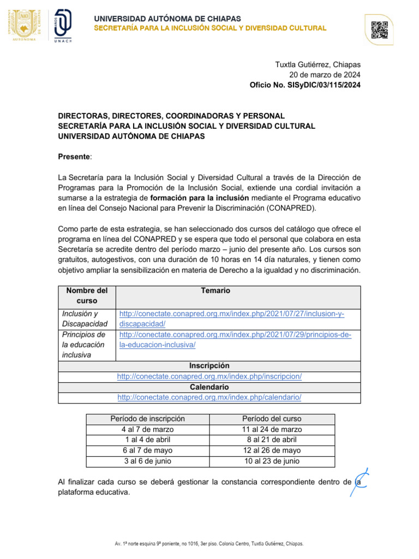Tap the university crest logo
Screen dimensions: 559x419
pyautogui.click(x=23, y=25)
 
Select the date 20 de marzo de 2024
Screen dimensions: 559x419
pyautogui.click(x=325, y=75)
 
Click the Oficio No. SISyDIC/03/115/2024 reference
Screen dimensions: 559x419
pyautogui.click(x=305, y=85)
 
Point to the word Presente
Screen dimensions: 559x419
pyautogui.click(x=74, y=157)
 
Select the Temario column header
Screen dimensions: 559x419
pyautogui.click(x=216, y=291)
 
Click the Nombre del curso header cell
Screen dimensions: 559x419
pyautogui.click(x=87, y=296)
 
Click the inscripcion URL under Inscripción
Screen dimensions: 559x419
pyautogui.click(x=209, y=377)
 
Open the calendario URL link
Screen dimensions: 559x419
pyautogui.click(x=209, y=397)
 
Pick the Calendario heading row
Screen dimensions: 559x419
pyautogui.click(x=209, y=387)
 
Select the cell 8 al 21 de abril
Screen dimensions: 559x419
pyautogui.click(x=272, y=440)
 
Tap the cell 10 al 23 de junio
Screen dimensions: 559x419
pyautogui.click(x=272, y=461)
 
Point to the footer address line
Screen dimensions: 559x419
pyautogui.click(x=209, y=544)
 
